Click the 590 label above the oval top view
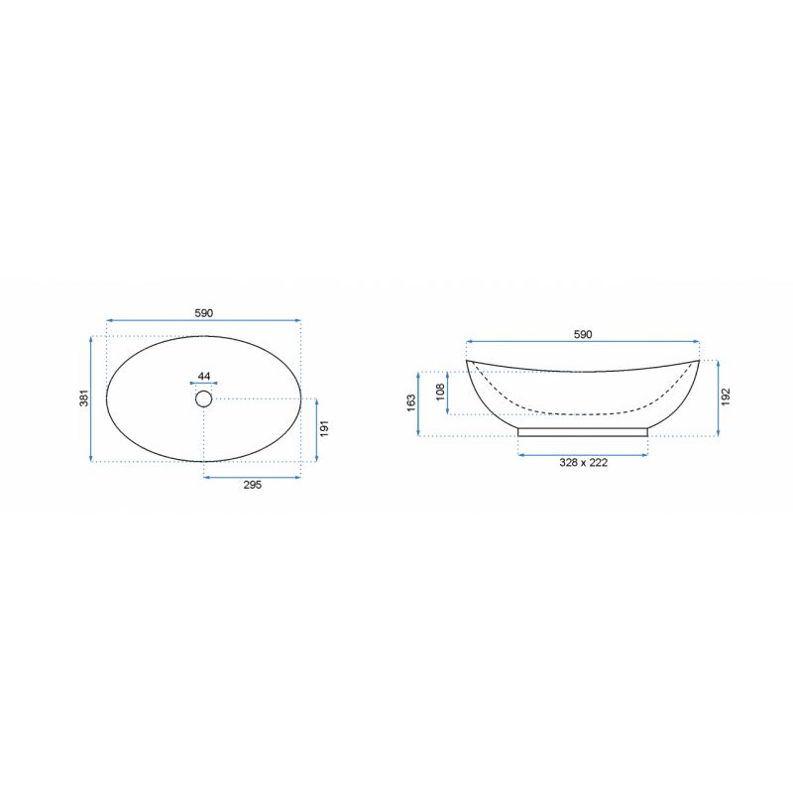tap(204, 313)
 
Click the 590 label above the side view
tap(583, 334)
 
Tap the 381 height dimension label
tap(84, 397)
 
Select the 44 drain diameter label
tap(204, 376)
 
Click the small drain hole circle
tap(204, 399)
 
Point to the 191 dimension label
tap(325, 428)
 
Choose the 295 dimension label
tap(253, 485)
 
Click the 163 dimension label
tap(411, 402)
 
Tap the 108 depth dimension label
tap(440, 392)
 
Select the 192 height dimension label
tap(727, 397)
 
